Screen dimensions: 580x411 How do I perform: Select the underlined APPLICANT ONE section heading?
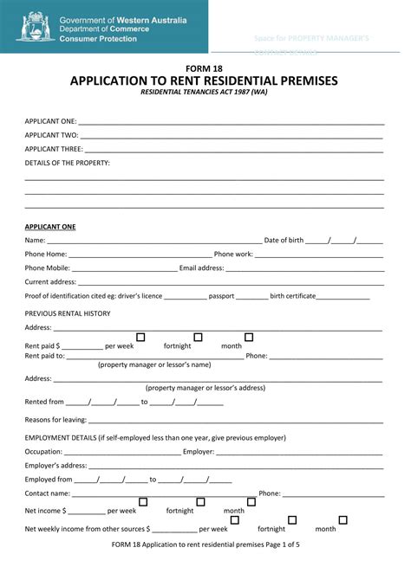tap(50, 227)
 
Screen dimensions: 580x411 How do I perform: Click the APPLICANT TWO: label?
tap(52, 135)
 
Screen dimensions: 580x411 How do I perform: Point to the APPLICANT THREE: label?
tap(55, 149)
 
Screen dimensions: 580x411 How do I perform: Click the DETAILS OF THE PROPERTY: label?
tap(68, 163)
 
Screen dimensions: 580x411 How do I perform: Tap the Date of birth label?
tap(284, 241)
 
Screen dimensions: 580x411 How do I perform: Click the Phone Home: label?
tap(46, 255)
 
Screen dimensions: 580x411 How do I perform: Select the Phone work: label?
tap(233, 255)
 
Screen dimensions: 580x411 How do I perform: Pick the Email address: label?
tap(201, 268)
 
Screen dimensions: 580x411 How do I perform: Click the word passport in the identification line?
tap(221, 296)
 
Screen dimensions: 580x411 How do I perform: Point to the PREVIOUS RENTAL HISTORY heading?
tap(68, 313)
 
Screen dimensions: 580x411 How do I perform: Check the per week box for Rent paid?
tap(140, 337)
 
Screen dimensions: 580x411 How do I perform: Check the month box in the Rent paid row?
tap(249, 337)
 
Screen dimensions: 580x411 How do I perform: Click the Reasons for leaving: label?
tap(56, 420)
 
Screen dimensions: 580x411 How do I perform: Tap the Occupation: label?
tap(43, 451)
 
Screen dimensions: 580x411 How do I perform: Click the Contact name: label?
tap(47, 493)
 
